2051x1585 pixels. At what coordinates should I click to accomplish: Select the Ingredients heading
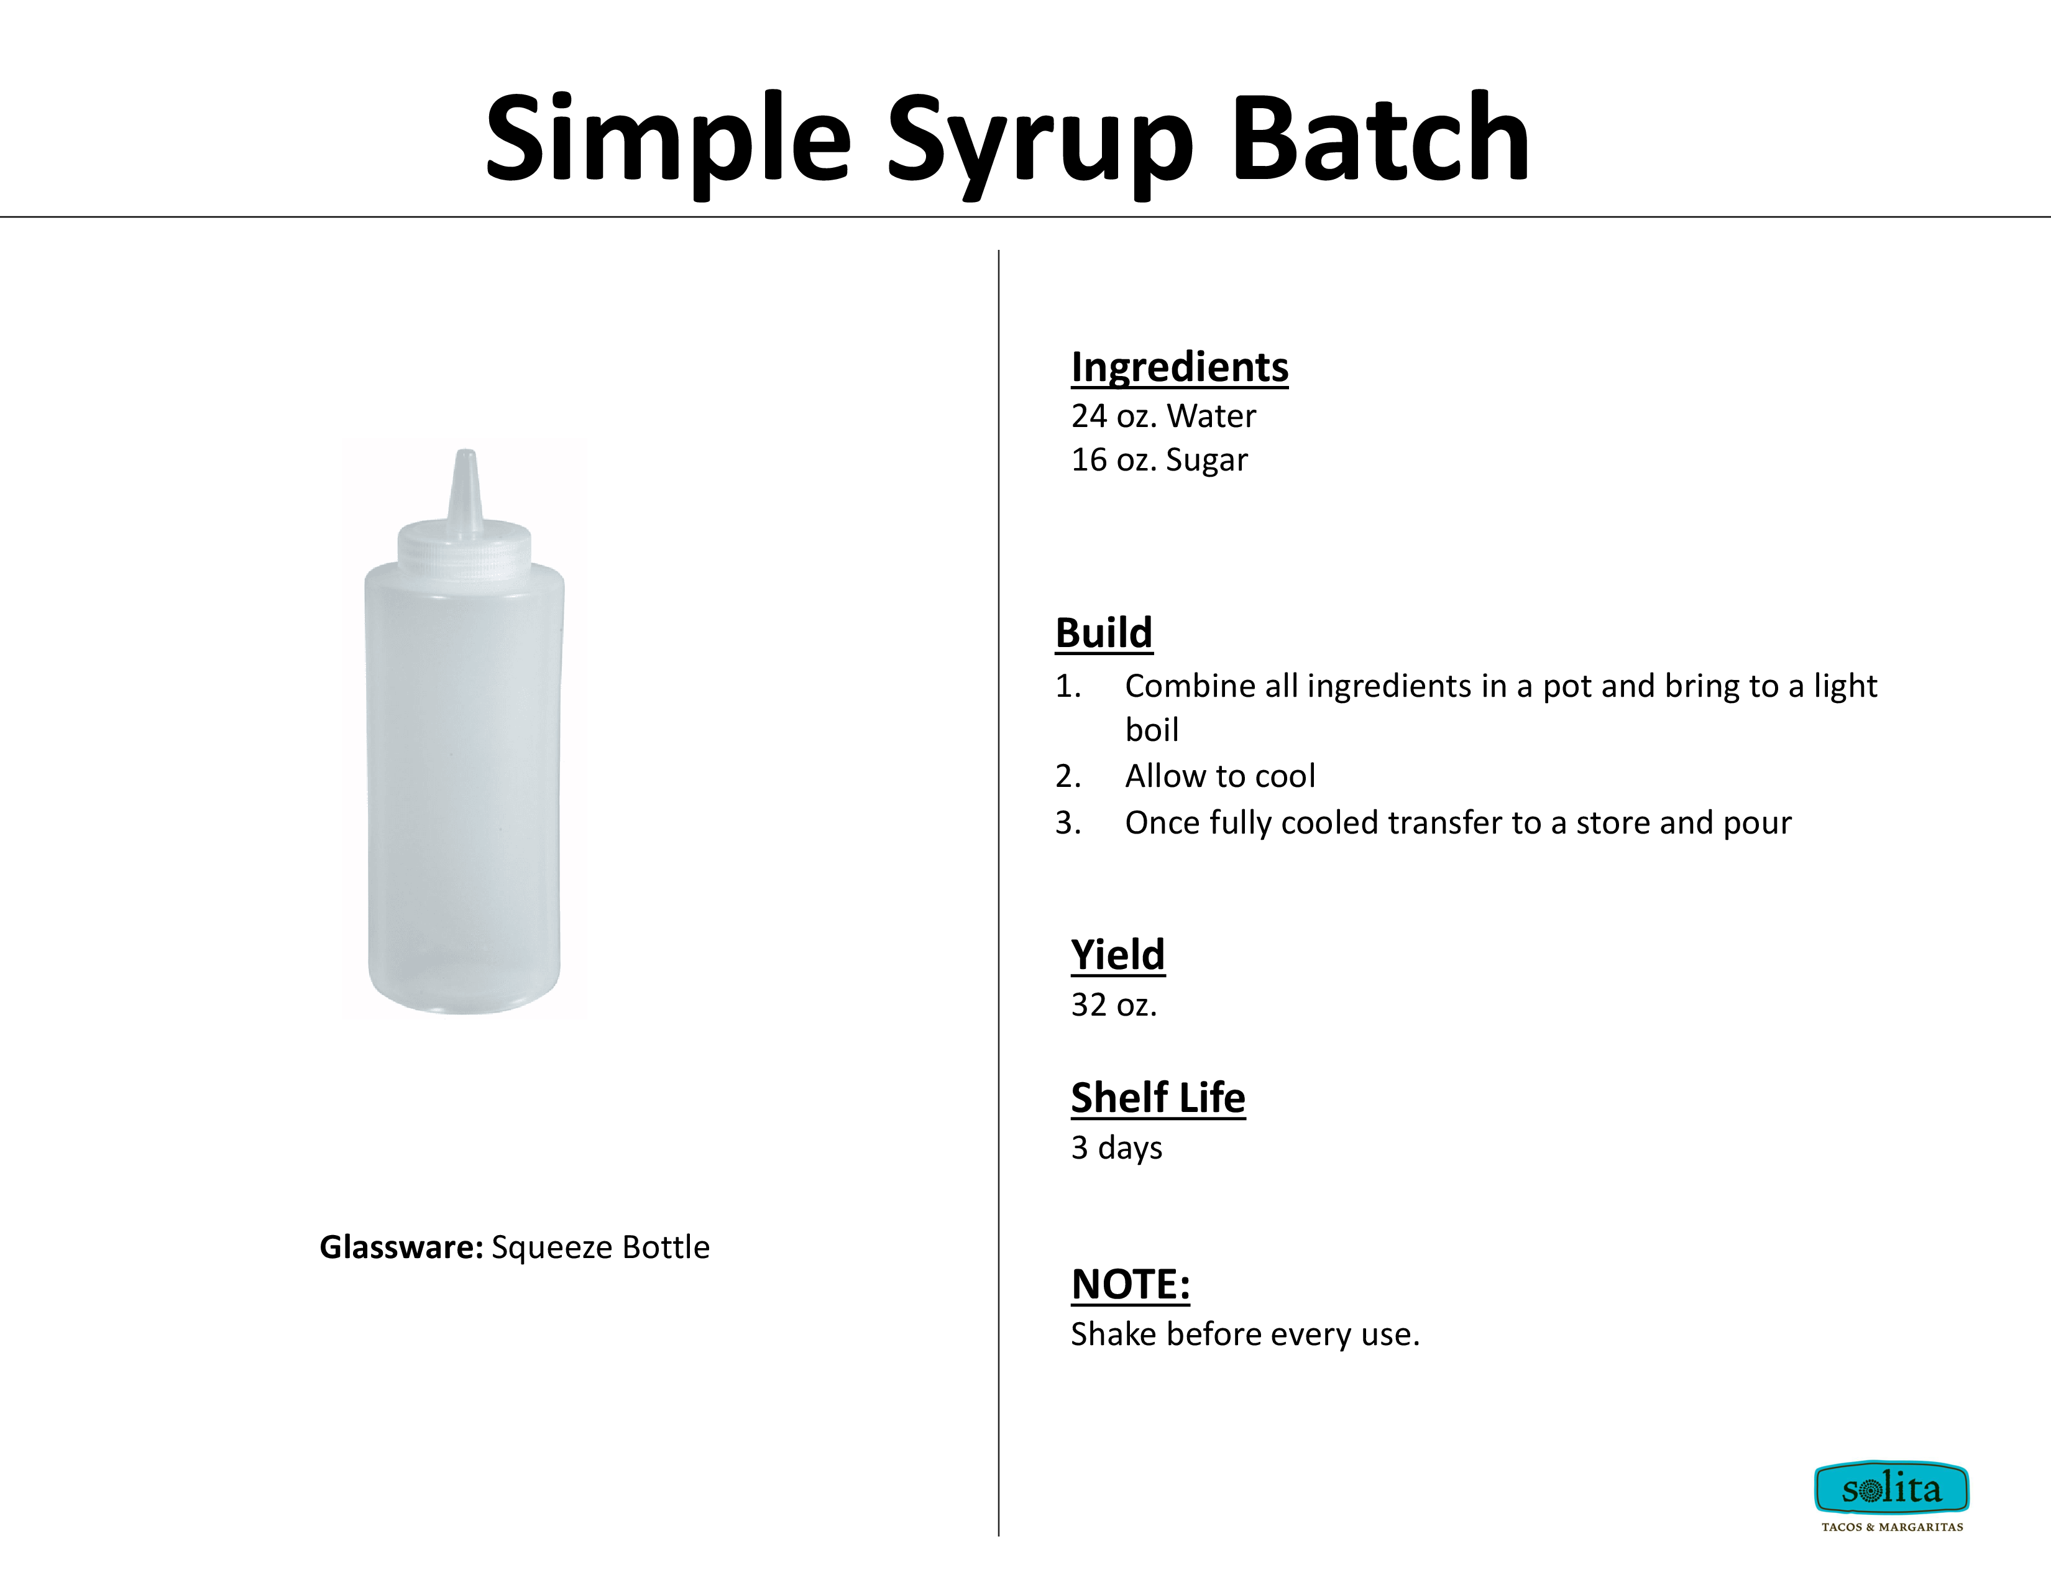[x=1180, y=367]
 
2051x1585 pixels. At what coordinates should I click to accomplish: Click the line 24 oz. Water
[x=1163, y=416]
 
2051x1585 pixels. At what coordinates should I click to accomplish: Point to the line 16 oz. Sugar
[x=1160, y=460]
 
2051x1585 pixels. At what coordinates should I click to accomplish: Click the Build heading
[x=1103, y=633]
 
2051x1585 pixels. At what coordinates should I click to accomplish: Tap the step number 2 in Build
[x=1068, y=776]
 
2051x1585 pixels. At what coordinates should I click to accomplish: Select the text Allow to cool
[x=1220, y=776]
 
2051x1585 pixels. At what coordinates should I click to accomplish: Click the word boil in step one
[x=1151, y=730]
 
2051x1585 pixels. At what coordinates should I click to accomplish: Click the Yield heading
[x=1117, y=955]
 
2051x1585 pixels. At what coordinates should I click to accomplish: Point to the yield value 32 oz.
[x=1114, y=1004]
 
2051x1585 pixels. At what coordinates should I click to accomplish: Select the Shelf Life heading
[x=1158, y=1098]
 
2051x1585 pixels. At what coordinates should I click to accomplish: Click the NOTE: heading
[x=1131, y=1285]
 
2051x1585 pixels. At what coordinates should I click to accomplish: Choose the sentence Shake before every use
[x=1246, y=1335]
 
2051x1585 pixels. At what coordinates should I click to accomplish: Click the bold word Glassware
[x=401, y=1247]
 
